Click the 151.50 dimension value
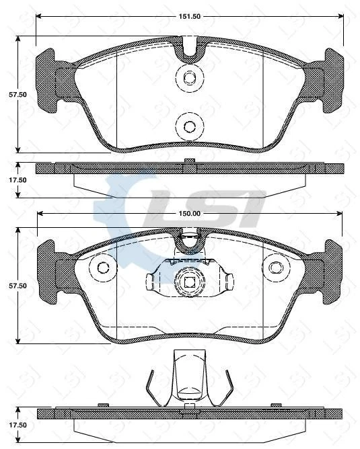(x=190, y=16)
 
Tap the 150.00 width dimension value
(x=190, y=214)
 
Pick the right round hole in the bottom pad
(x=275, y=268)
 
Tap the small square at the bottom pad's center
(x=189, y=283)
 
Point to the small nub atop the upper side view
(x=190, y=160)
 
